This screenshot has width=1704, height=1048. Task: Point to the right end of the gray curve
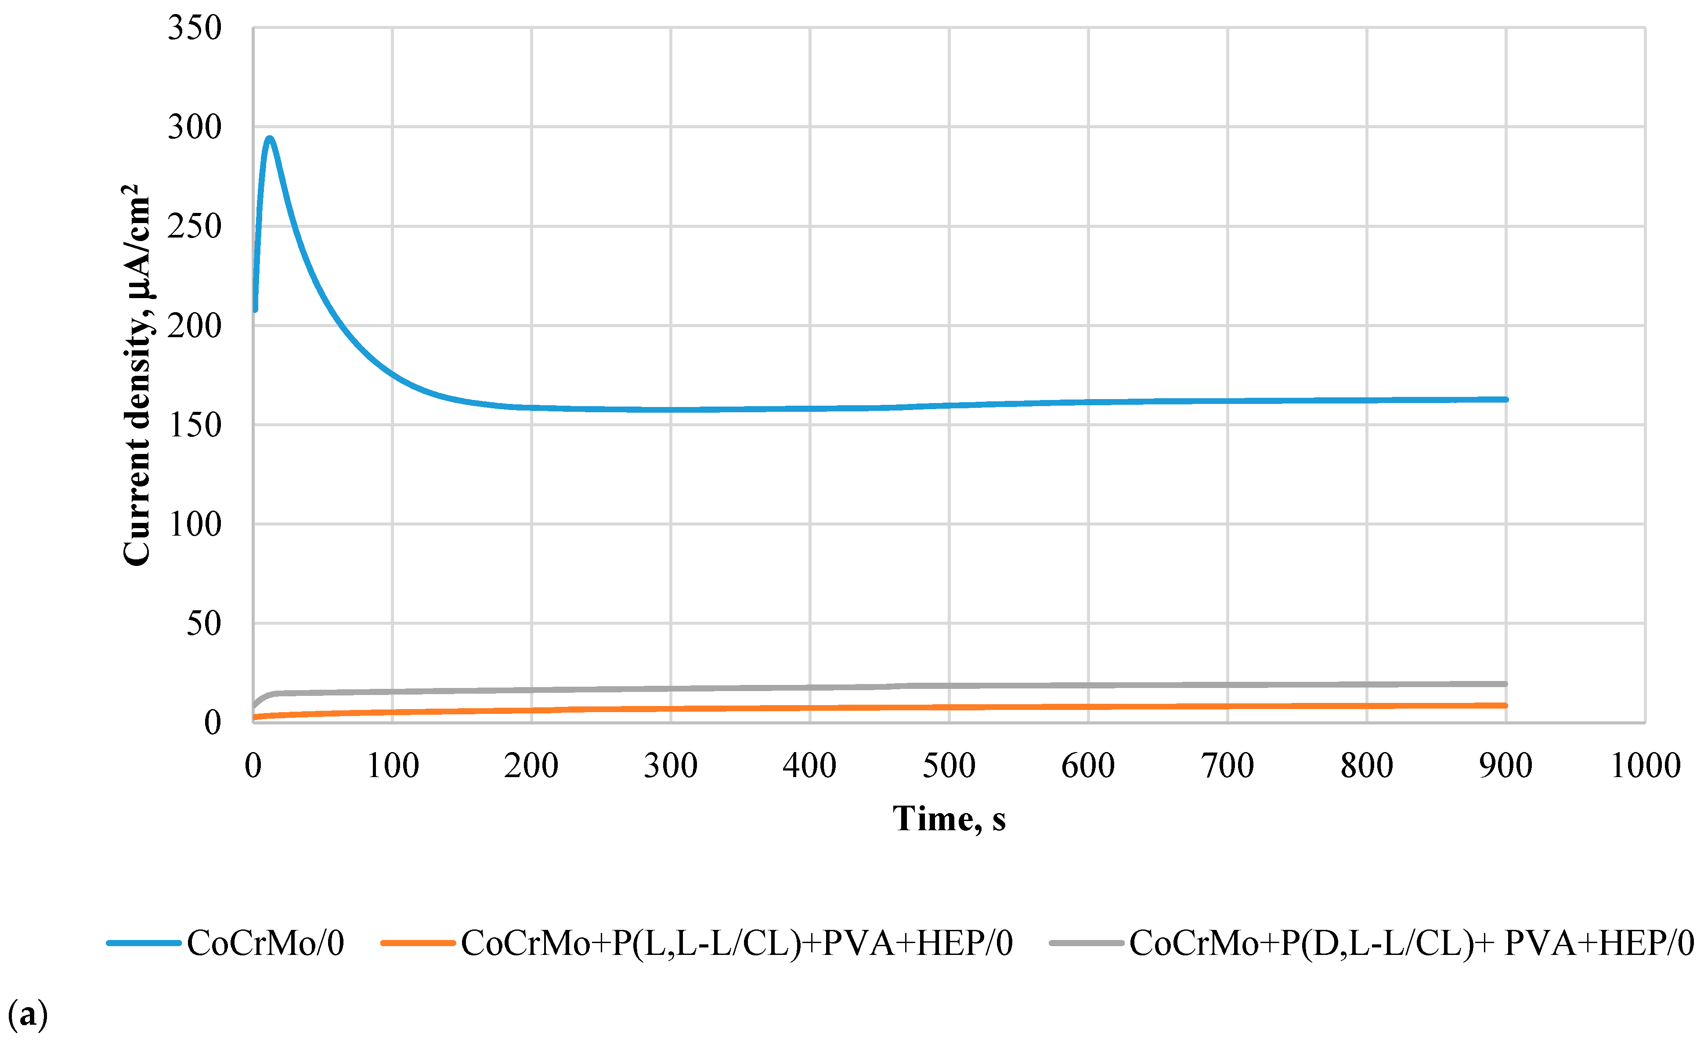(x=1506, y=684)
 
